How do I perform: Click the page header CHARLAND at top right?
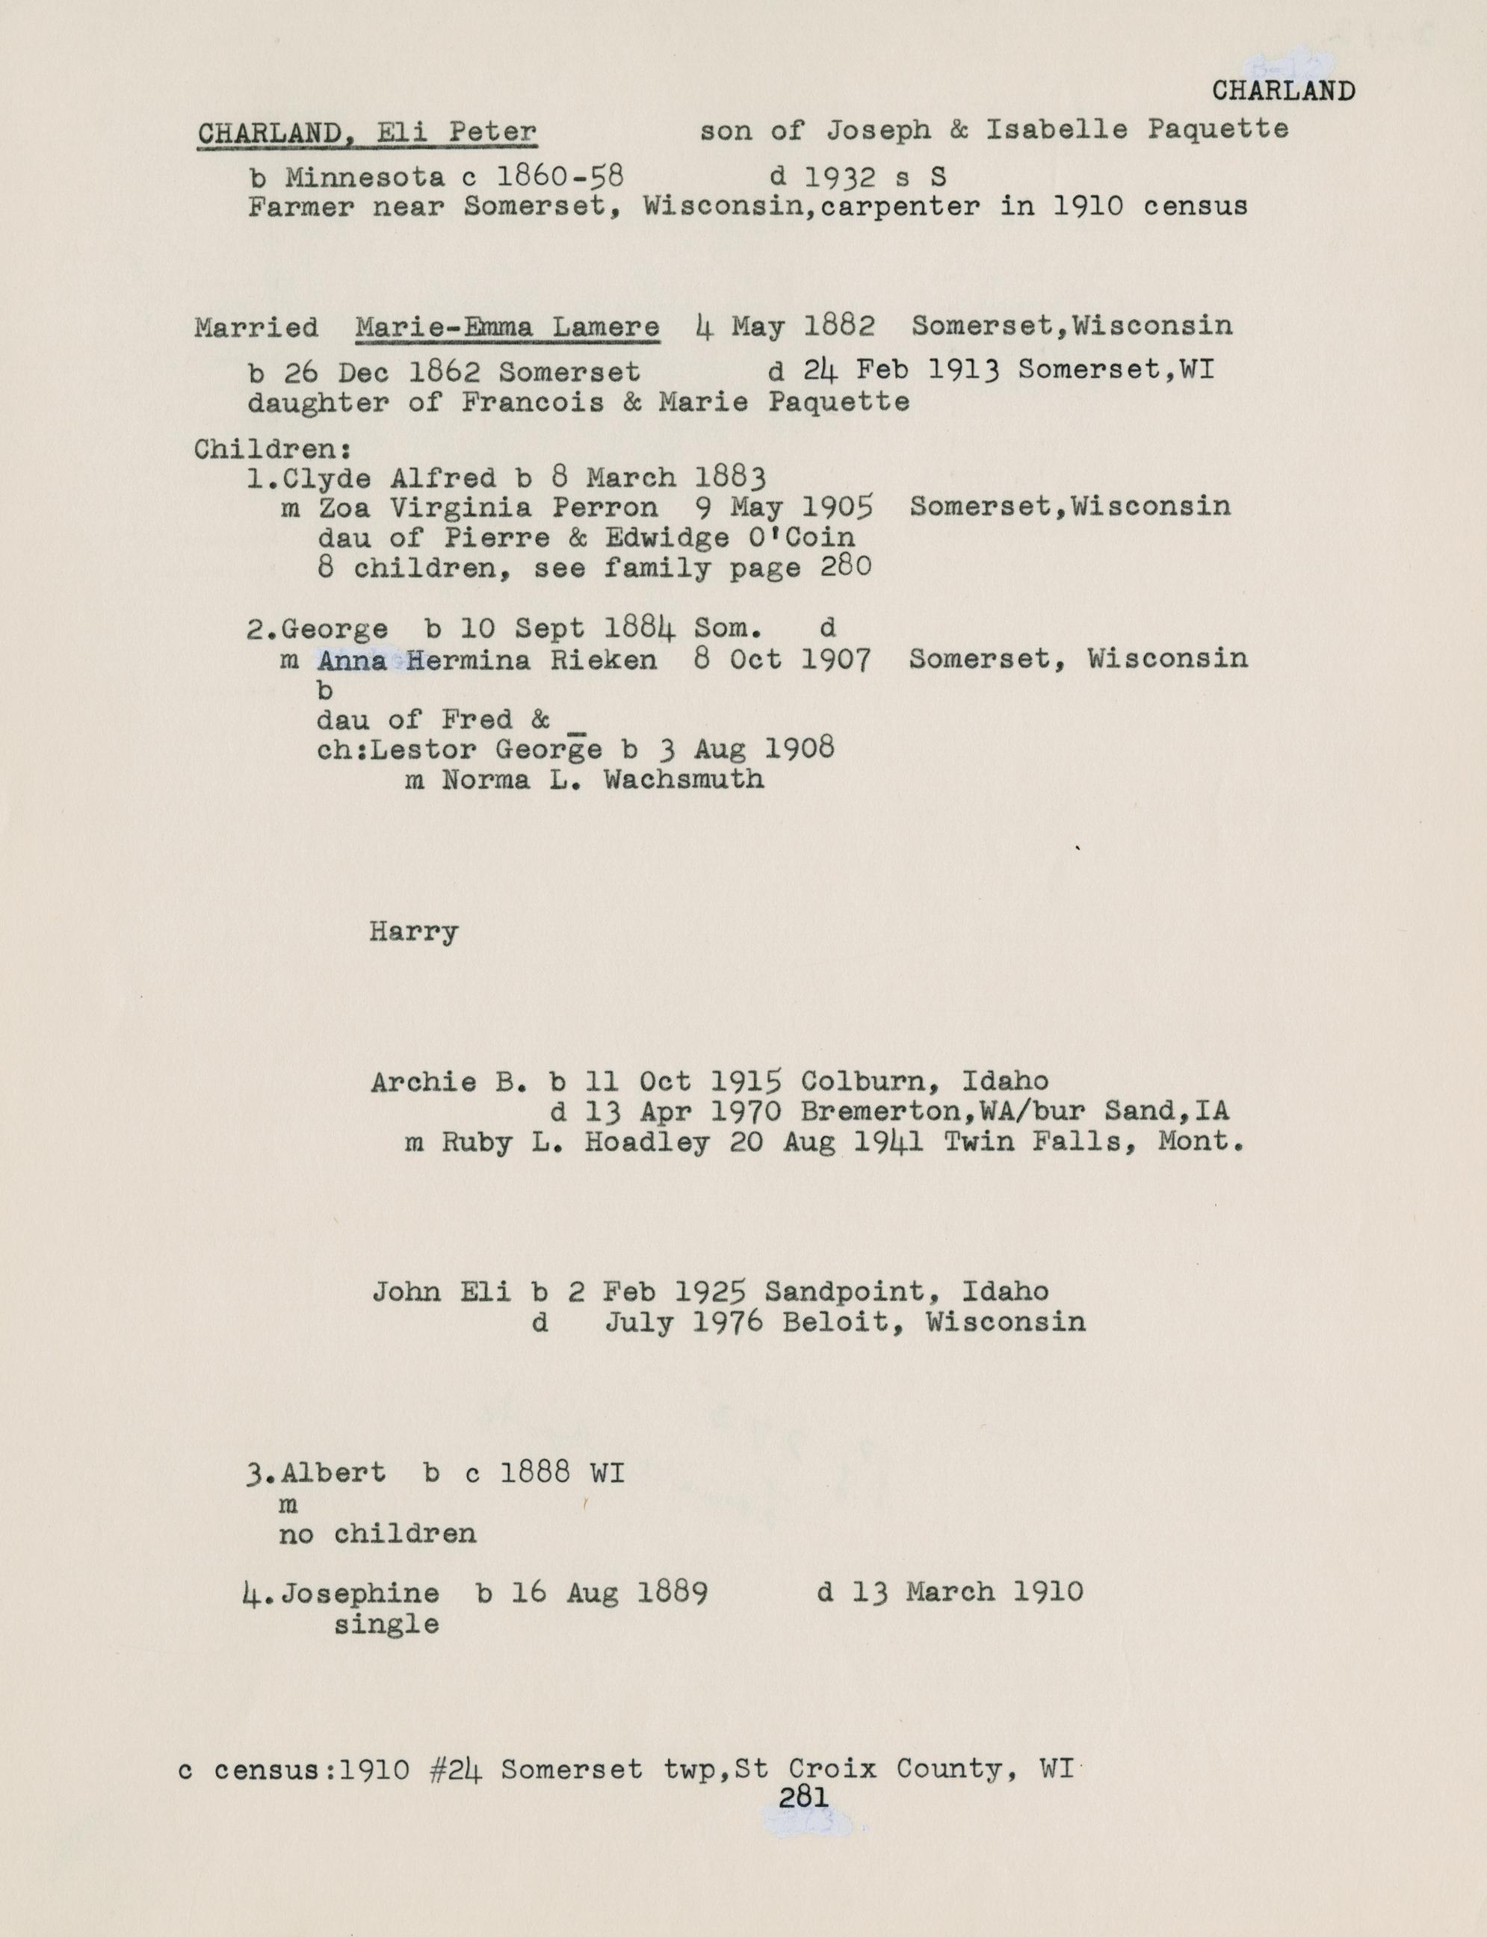[x=1282, y=90]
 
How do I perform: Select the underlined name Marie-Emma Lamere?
[x=507, y=327]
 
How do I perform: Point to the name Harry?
[x=413, y=932]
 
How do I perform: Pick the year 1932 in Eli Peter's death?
[x=840, y=177]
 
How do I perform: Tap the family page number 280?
[x=845, y=566]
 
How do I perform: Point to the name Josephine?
[x=359, y=1593]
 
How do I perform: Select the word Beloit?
[x=835, y=1322]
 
